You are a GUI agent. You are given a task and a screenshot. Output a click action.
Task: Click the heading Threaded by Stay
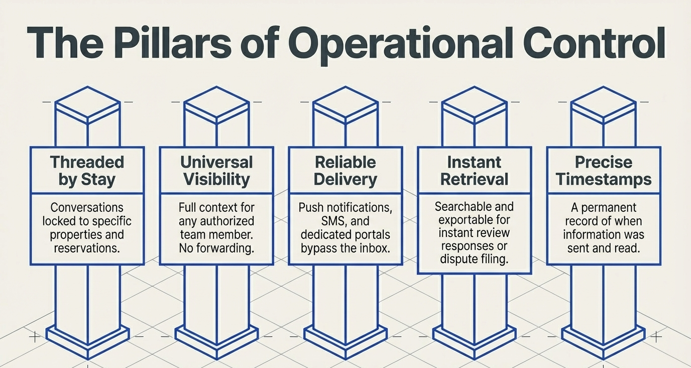coord(87,171)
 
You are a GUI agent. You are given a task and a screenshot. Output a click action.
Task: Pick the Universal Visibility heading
coord(216,171)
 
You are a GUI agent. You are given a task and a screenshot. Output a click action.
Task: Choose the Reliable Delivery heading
coord(345,171)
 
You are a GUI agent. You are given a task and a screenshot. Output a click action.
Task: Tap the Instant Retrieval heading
coord(475,171)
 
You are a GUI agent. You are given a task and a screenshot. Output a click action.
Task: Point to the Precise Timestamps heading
coord(604,171)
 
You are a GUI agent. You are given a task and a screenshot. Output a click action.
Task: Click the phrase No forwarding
coord(216,248)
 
